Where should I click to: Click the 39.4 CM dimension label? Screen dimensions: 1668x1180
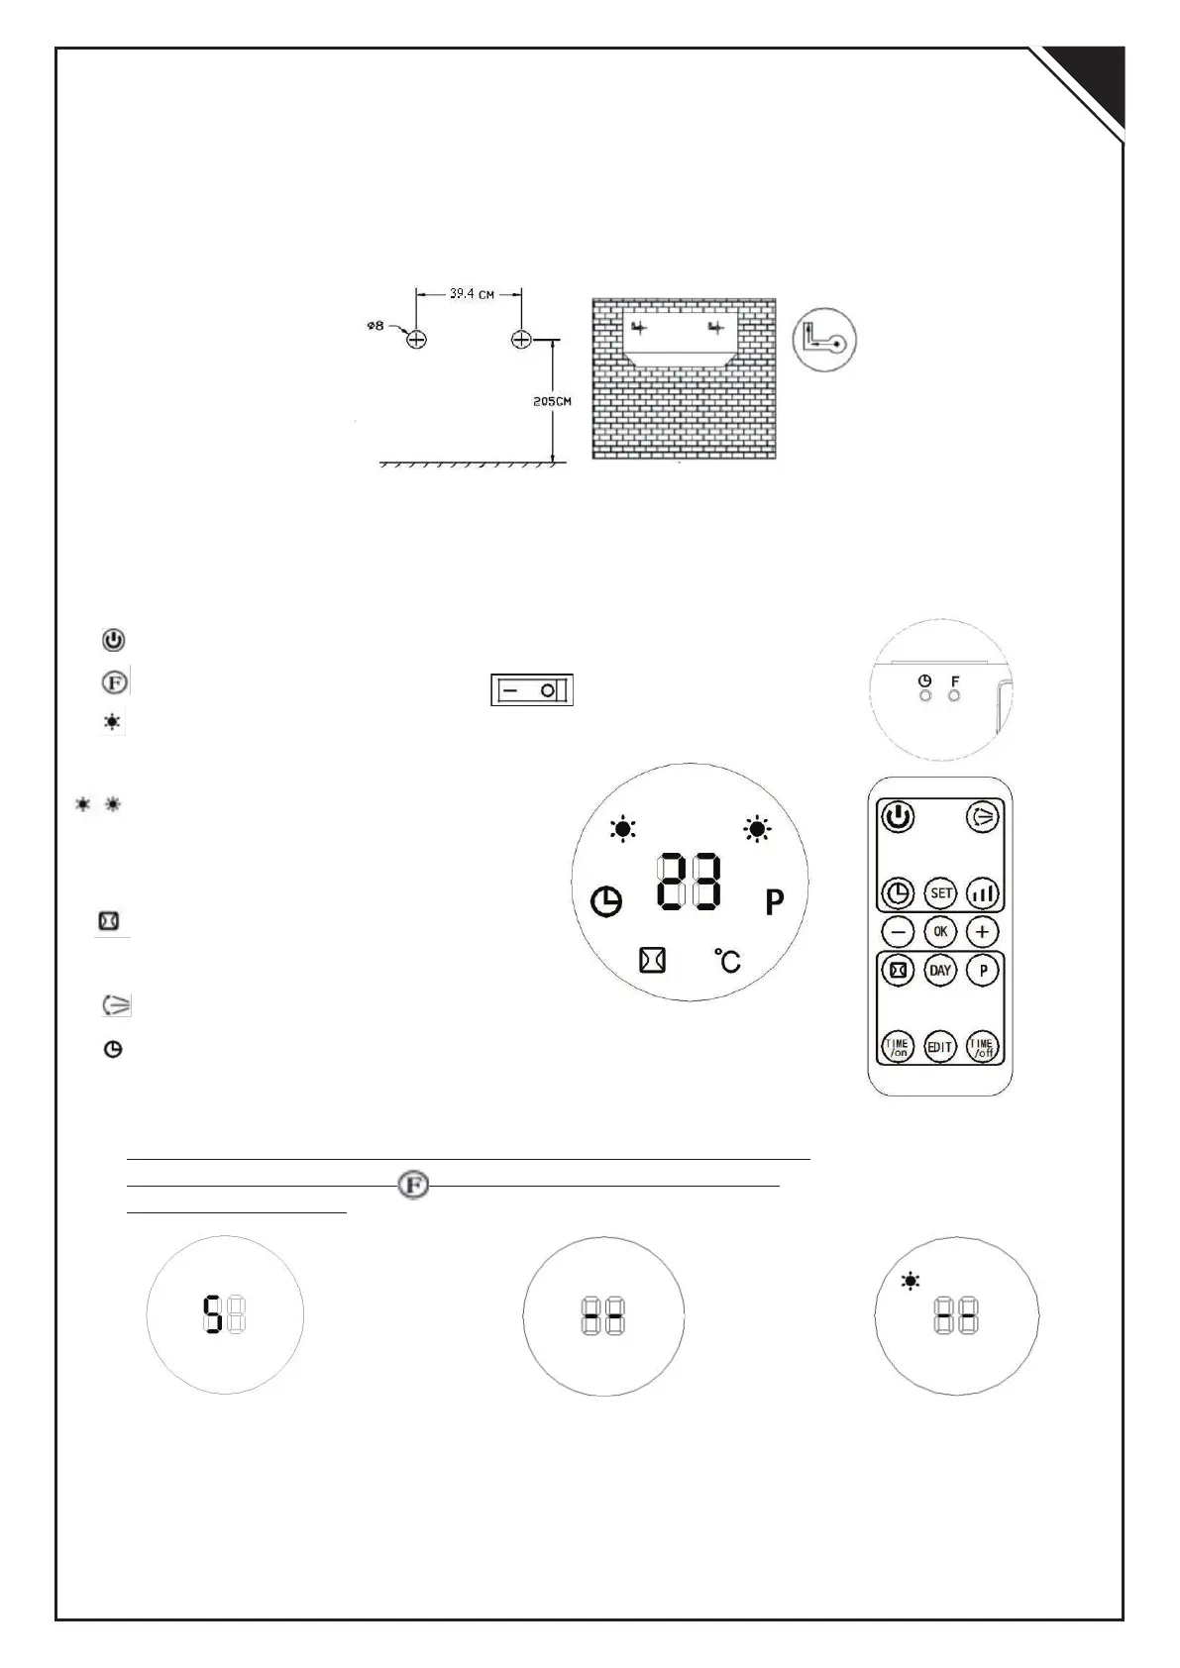point(472,295)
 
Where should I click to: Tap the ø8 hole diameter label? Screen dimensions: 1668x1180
point(375,326)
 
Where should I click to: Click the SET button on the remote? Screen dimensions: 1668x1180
point(940,893)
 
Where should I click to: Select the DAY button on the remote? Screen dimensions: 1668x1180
point(940,971)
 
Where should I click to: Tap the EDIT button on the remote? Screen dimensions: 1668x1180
point(940,1047)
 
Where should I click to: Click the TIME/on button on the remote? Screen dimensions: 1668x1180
point(898,1047)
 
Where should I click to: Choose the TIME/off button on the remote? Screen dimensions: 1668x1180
point(982,1047)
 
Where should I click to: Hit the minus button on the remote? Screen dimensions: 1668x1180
point(898,932)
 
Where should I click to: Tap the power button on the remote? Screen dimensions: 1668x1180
point(898,818)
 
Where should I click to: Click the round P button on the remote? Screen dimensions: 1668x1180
point(982,971)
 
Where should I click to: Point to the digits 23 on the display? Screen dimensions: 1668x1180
point(691,883)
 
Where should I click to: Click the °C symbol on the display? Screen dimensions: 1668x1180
point(728,960)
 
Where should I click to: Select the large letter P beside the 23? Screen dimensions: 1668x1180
point(775,902)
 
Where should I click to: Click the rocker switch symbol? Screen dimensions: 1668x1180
point(532,690)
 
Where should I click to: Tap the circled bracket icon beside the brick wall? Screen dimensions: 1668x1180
point(824,340)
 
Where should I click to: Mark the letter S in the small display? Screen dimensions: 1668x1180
point(212,1316)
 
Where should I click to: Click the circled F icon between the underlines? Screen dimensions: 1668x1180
point(413,1186)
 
